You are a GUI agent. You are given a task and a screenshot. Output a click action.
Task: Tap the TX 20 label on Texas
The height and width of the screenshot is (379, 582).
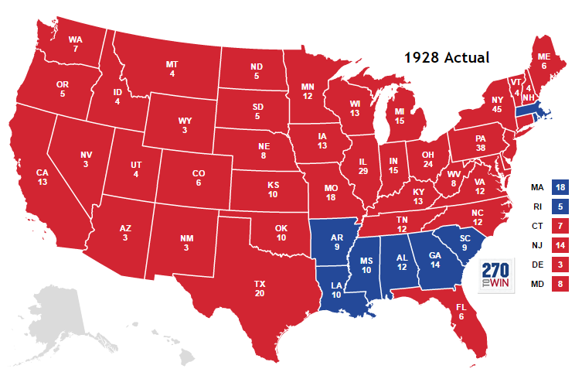coord(260,289)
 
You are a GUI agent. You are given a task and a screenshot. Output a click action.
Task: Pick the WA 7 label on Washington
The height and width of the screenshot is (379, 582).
coord(75,44)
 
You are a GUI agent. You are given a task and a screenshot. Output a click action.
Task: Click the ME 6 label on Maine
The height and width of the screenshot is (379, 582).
coord(544,61)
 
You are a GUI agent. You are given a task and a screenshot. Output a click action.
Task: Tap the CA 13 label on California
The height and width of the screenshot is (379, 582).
coord(43,177)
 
